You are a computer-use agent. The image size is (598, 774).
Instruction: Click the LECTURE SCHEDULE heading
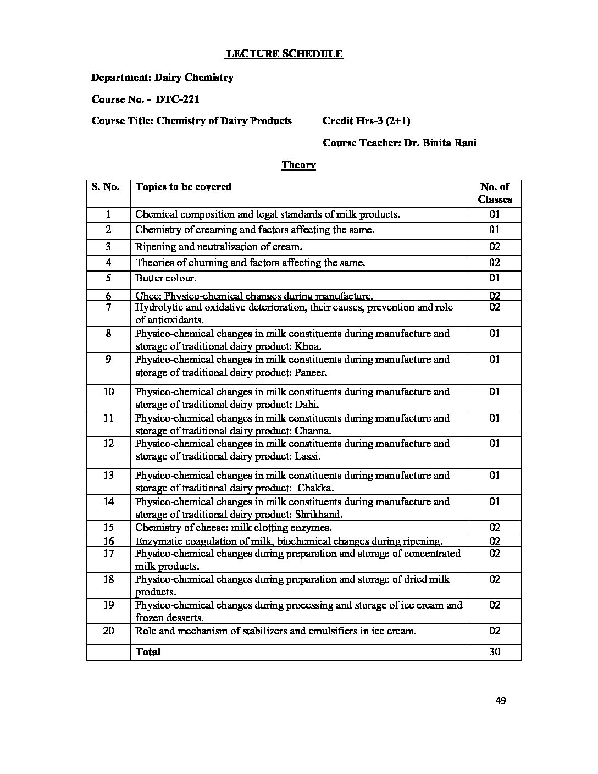point(284,54)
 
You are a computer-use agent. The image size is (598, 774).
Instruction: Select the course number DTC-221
point(178,99)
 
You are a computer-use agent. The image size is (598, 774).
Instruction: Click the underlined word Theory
point(298,165)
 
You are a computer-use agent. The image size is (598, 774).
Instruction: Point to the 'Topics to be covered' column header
point(183,187)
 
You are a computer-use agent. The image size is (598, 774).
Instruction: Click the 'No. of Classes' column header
point(495,193)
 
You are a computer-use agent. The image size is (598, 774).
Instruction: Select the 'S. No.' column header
point(106,187)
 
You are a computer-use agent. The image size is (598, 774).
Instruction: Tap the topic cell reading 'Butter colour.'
point(165,278)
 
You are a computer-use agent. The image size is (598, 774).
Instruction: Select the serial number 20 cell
point(108,631)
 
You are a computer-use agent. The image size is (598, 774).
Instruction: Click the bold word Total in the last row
point(148,652)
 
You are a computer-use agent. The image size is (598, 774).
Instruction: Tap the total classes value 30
point(495,652)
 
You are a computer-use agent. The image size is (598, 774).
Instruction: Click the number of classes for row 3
point(495,247)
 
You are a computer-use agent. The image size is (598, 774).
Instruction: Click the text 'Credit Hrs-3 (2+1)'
point(366,121)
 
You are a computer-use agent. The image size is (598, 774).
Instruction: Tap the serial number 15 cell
point(108,528)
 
